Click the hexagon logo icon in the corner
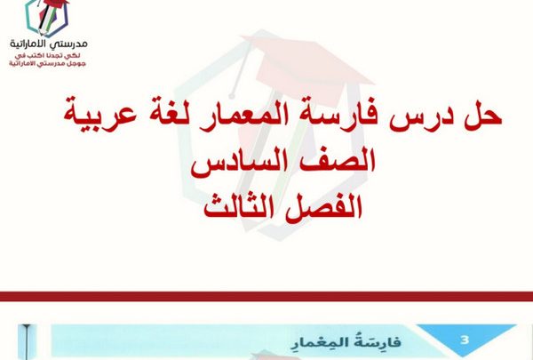coord(47,18)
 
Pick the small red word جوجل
coord(78,64)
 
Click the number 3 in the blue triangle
coord(465,340)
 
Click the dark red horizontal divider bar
coord(266,296)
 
